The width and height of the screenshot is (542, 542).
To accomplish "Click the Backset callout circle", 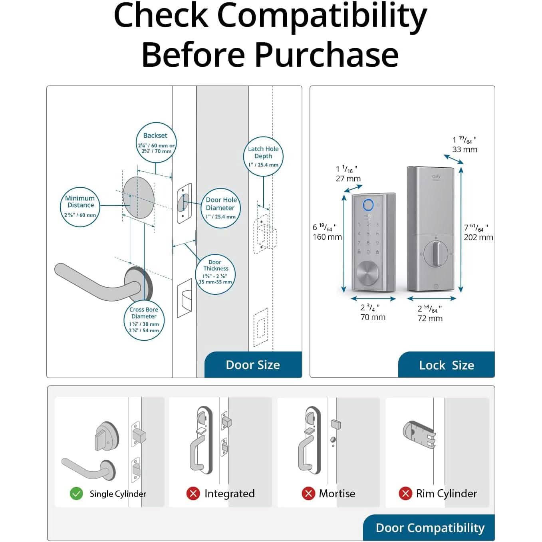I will [156, 143].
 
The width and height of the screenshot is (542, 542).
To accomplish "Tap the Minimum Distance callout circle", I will [80, 206].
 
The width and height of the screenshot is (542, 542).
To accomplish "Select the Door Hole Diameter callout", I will [220, 208].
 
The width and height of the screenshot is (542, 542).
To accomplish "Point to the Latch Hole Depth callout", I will [263, 156].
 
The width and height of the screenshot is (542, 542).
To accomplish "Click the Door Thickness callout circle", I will [215, 274].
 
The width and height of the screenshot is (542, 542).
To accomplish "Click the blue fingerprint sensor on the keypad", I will [368, 205].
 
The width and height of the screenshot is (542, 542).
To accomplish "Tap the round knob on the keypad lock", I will [367, 274].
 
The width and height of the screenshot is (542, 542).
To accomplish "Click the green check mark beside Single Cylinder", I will [76, 494].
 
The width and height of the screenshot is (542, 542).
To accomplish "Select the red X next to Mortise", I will [308, 493].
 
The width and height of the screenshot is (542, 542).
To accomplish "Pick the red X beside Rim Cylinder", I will [405, 493].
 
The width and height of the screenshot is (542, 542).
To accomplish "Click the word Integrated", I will [229, 494].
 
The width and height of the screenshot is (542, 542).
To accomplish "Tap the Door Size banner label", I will [253, 365].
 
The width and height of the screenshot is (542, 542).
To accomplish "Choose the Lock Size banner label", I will [446, 365].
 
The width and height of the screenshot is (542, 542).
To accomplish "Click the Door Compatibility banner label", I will [430, 528].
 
